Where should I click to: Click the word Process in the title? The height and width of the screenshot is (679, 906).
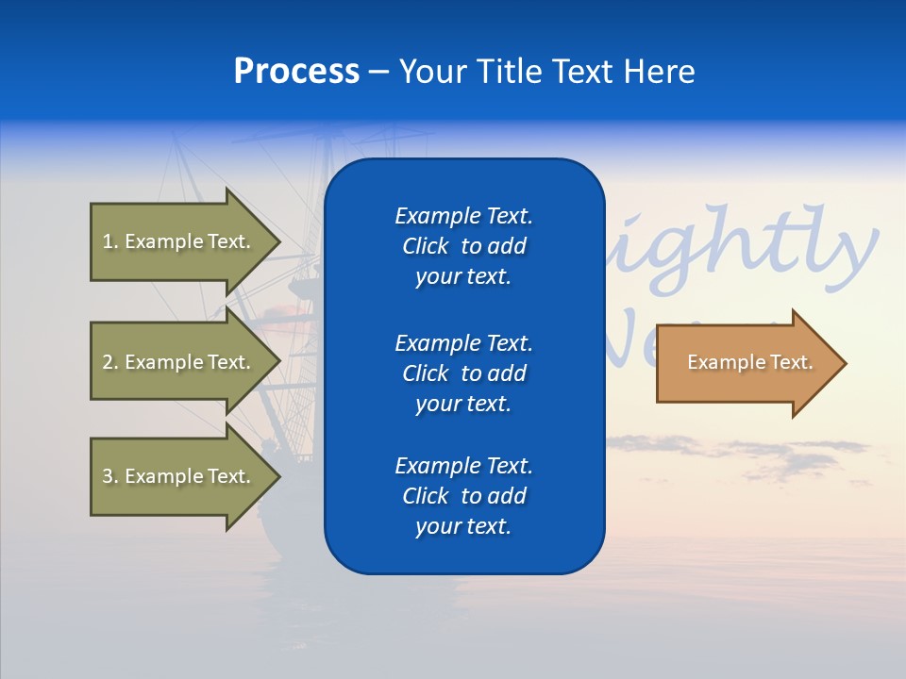point(296,72)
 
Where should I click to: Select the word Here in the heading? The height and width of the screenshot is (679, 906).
point(658,72)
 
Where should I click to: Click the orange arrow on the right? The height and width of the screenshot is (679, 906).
point(746,363)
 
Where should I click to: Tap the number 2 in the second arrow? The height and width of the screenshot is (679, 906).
point(108,362)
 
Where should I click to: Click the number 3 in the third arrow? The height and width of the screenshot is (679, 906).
point(108,476)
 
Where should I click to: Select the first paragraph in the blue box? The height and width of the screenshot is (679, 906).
point(463,246)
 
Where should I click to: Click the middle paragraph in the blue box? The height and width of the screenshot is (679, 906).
point(463,373)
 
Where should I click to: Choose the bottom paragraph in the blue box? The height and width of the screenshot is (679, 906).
point(463,496)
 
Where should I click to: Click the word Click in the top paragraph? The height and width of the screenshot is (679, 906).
point(426,246)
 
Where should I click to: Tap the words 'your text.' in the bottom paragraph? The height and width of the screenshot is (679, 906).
point(463,526)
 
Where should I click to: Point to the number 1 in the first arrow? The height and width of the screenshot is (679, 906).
point(108,241)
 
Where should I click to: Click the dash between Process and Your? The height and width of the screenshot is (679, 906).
point(379,73)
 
